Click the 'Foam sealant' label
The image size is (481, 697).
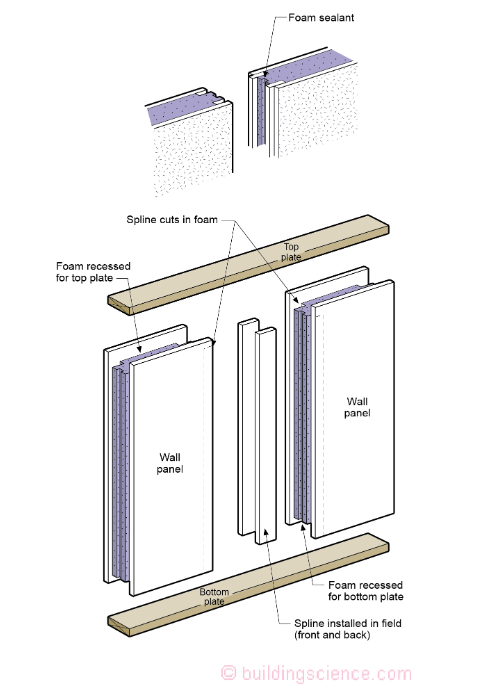click(x=321, y=18)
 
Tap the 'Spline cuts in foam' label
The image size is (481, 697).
click(x=172, y=220)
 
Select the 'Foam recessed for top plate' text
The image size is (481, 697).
click(x=93, y=272)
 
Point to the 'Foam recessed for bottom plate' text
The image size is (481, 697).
click(x=366, y=591)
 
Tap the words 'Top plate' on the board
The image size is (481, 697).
click(x=291, y=252)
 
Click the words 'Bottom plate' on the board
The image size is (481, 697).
click(x=214, y=597)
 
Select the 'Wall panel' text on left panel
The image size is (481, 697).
click(x=170, y=463)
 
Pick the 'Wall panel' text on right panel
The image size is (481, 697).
click(x=357, y=407)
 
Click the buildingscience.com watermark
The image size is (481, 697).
click(x=317, y=673)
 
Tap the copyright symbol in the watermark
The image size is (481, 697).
click(x=228, y=673)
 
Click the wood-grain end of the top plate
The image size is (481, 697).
click(x=120, y=305)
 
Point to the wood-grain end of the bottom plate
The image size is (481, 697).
click(x=120, y=626)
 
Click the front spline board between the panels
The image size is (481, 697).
click(x=266, y=436)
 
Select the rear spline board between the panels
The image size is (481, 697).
click(x=247, y=427)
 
